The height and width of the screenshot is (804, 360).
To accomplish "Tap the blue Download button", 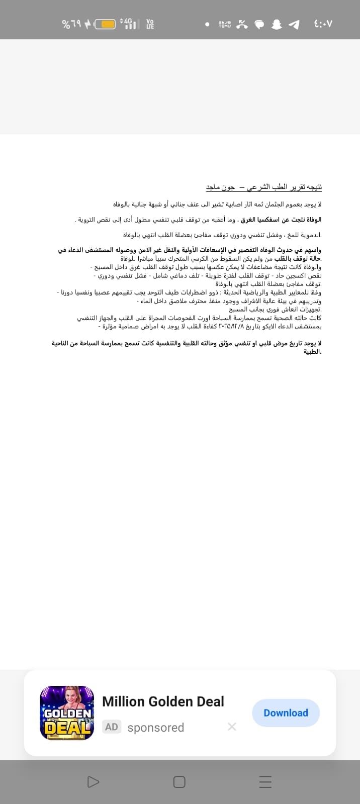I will [286, 713].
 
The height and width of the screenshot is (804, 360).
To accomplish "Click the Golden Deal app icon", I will [67, 713].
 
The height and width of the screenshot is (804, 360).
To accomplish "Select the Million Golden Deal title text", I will [163, 701].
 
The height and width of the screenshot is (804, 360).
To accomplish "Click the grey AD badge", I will [112, 727].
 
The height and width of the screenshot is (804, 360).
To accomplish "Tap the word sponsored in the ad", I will [156, 727].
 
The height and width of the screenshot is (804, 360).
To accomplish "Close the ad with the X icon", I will [232, 727].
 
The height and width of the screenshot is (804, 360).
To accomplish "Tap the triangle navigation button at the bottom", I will [93, 782].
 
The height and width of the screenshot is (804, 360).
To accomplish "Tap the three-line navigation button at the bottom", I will [265, 782].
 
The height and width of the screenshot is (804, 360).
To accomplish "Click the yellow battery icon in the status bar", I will [105, 24].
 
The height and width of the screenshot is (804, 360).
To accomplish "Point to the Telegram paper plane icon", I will [294, 24].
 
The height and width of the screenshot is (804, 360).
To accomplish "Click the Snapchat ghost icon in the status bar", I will [277, 24].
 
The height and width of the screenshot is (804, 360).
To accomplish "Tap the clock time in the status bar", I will [322, 24].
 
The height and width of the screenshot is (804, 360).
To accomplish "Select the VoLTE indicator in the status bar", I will [150, 24].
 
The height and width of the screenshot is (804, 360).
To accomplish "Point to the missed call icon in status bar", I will [242, 24].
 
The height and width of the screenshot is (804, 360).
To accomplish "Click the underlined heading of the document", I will [264, 187].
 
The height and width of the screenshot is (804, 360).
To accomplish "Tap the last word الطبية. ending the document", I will [312, 352].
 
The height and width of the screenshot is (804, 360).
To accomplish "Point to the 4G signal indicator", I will [129, 24].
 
